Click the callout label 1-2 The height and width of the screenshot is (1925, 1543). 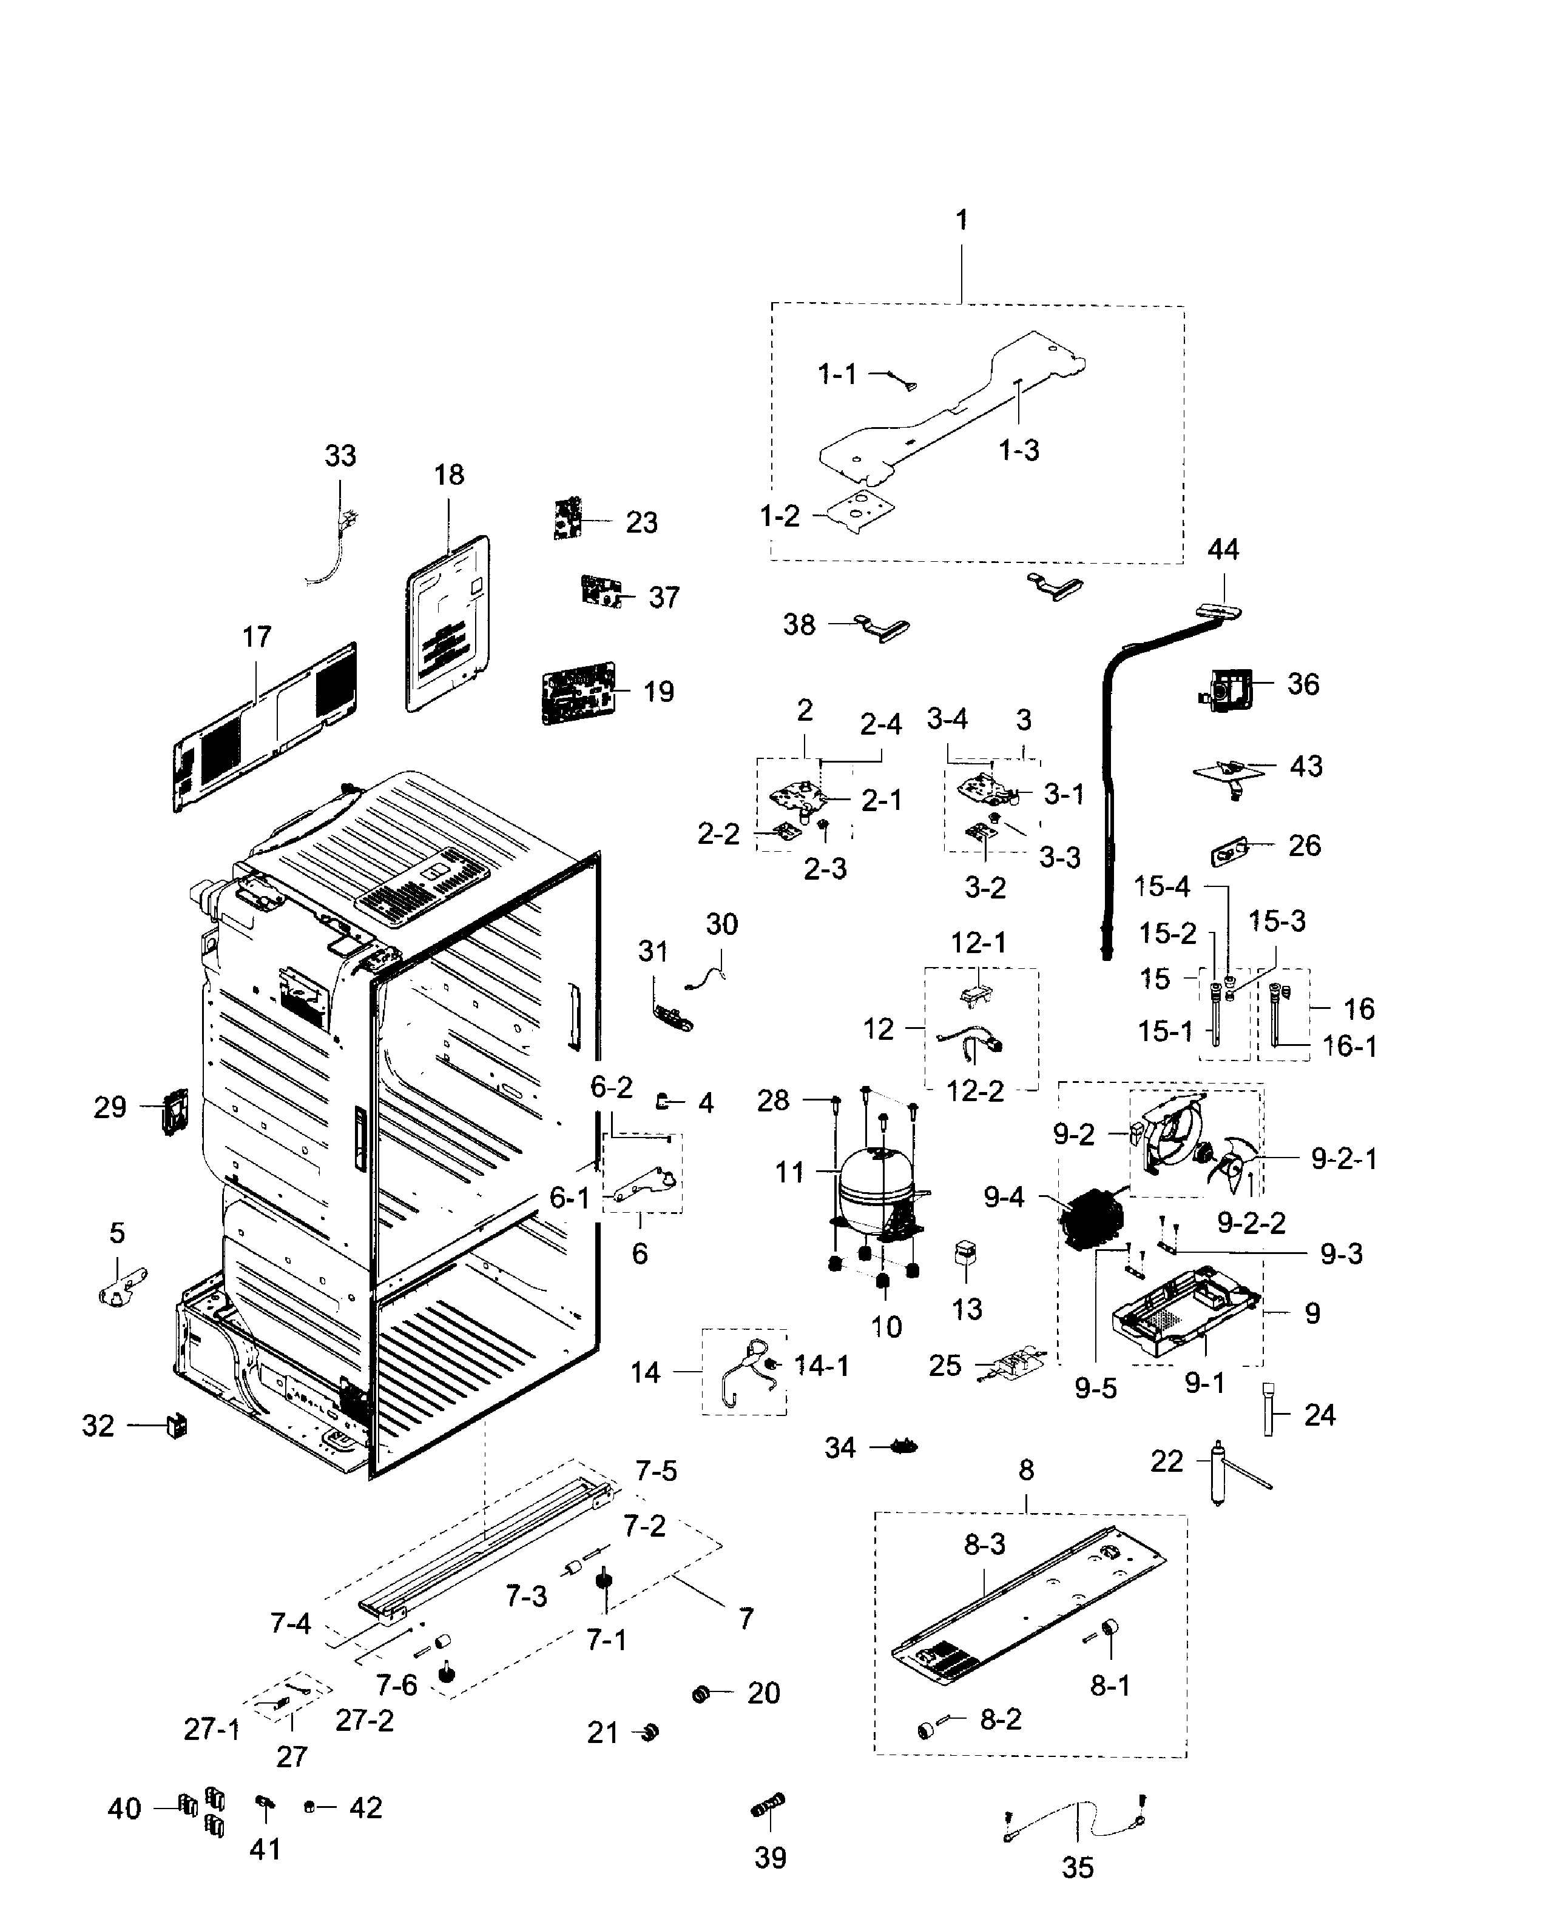[x=780, y=516]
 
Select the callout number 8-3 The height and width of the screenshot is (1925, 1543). [x=984, y=1544]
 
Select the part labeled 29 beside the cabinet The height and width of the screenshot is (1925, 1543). [x=174, y=1111]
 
